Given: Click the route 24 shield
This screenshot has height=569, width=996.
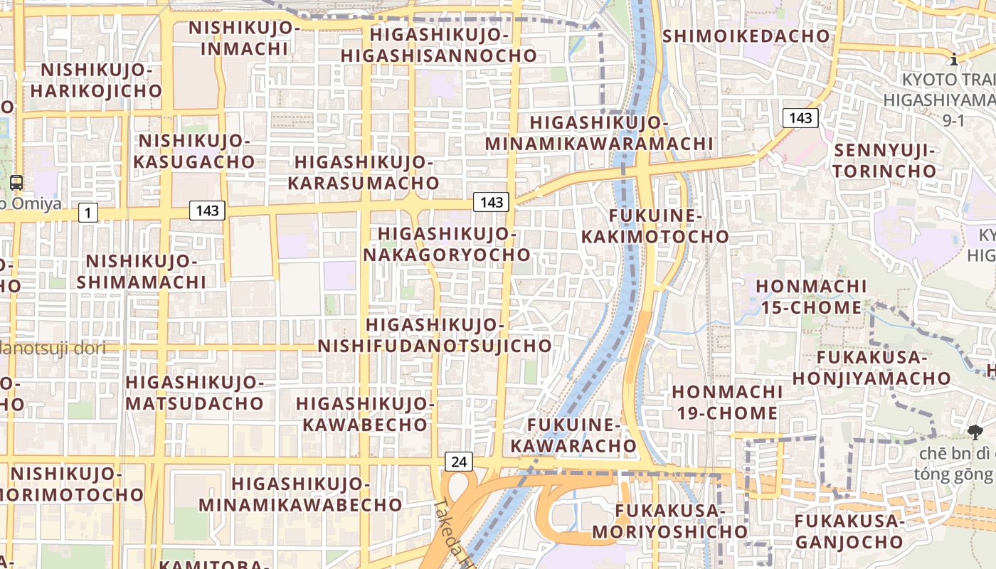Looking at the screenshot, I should coord(459,462).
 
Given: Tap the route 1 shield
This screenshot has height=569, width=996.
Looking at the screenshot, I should coord(88,212).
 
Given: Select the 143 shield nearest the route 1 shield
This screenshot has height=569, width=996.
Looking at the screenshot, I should coord(207,211).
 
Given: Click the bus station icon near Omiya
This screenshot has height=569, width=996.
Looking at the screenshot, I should coord(16,183).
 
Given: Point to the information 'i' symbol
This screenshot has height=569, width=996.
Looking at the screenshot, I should coord(953,58).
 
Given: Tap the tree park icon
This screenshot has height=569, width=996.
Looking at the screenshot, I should coord(975,431).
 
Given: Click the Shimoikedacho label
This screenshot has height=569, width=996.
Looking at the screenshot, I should coord(746,36).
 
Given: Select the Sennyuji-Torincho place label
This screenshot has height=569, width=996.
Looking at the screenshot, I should coord(885,161).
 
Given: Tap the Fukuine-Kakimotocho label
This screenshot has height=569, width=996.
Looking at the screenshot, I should coord(655,225).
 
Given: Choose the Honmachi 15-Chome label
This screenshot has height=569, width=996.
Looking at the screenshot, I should coord(811,297).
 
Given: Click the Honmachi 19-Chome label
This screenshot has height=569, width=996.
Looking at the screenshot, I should coord(725,402).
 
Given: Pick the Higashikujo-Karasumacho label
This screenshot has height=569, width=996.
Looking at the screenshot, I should coord(364,172).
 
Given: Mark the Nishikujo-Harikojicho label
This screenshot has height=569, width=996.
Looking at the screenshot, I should coord(96,80).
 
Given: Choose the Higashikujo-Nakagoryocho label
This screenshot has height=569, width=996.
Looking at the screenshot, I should coord(447,244).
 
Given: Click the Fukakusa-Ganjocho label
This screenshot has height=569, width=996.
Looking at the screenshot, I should coord(849,531).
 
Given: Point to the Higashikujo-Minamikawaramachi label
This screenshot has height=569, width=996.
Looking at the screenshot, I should coord(599,133).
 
